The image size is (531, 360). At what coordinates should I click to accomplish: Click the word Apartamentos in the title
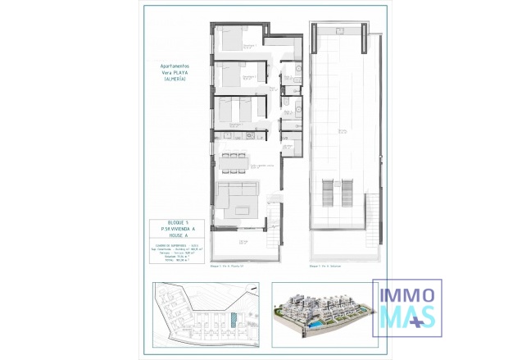(x=175, y=64)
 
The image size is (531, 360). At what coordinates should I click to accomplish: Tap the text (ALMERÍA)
(x=175, y=78)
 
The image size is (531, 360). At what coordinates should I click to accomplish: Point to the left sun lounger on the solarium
(x=325, y=193)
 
